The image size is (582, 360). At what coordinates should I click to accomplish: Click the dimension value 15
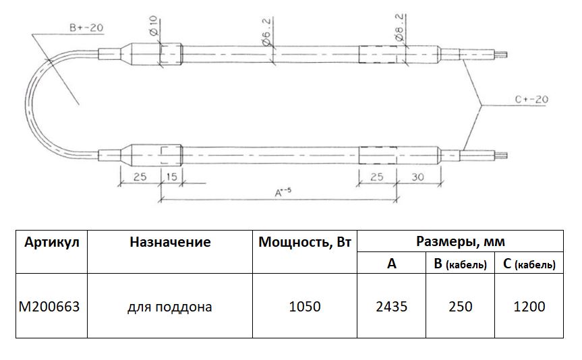coord(171,178)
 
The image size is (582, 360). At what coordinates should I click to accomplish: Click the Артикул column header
coord(52,242)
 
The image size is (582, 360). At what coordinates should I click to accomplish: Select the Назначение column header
coord(170,242)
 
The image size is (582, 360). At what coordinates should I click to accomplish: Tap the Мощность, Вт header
coord(305,242)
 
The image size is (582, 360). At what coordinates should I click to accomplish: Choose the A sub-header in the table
coord(391,264)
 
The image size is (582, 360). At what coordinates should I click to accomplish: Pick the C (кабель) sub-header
coord(529,264)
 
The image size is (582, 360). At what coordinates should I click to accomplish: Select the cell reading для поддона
coord(170,307)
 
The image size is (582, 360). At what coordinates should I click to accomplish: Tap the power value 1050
coord(305,307)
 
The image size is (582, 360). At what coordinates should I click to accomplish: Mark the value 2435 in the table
coord(391,307)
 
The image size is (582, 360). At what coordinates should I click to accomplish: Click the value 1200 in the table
coord(529,307)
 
